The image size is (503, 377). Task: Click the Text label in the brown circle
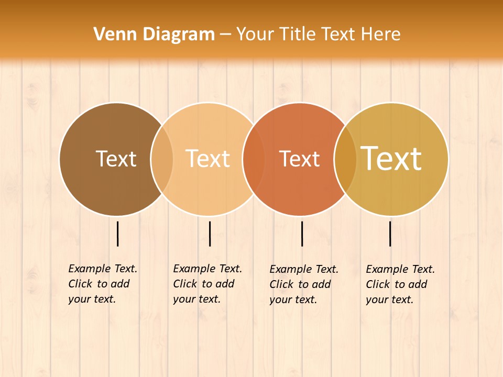(x=116, y=159)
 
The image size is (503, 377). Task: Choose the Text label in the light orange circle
(x=207, y=159)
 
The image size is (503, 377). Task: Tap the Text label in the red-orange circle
(x=299, y=159)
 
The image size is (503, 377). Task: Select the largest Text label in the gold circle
(x=391, y=159)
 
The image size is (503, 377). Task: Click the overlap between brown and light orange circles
(x=162, y=159)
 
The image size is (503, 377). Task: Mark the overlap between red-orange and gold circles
(x=345, y=159)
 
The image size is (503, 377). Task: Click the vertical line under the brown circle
(x=118, y=234)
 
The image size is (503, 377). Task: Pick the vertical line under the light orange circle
(x=210, y=234)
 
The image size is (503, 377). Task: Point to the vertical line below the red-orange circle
(x=302, y=234)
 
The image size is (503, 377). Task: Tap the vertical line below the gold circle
(x=390, y=234)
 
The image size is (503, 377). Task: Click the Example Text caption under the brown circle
(x=103, y=284)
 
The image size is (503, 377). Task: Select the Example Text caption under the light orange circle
(x=207, y=284)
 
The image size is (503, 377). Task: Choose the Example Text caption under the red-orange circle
(x=304, y=284)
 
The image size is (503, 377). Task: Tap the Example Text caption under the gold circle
(x=400, y=284)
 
